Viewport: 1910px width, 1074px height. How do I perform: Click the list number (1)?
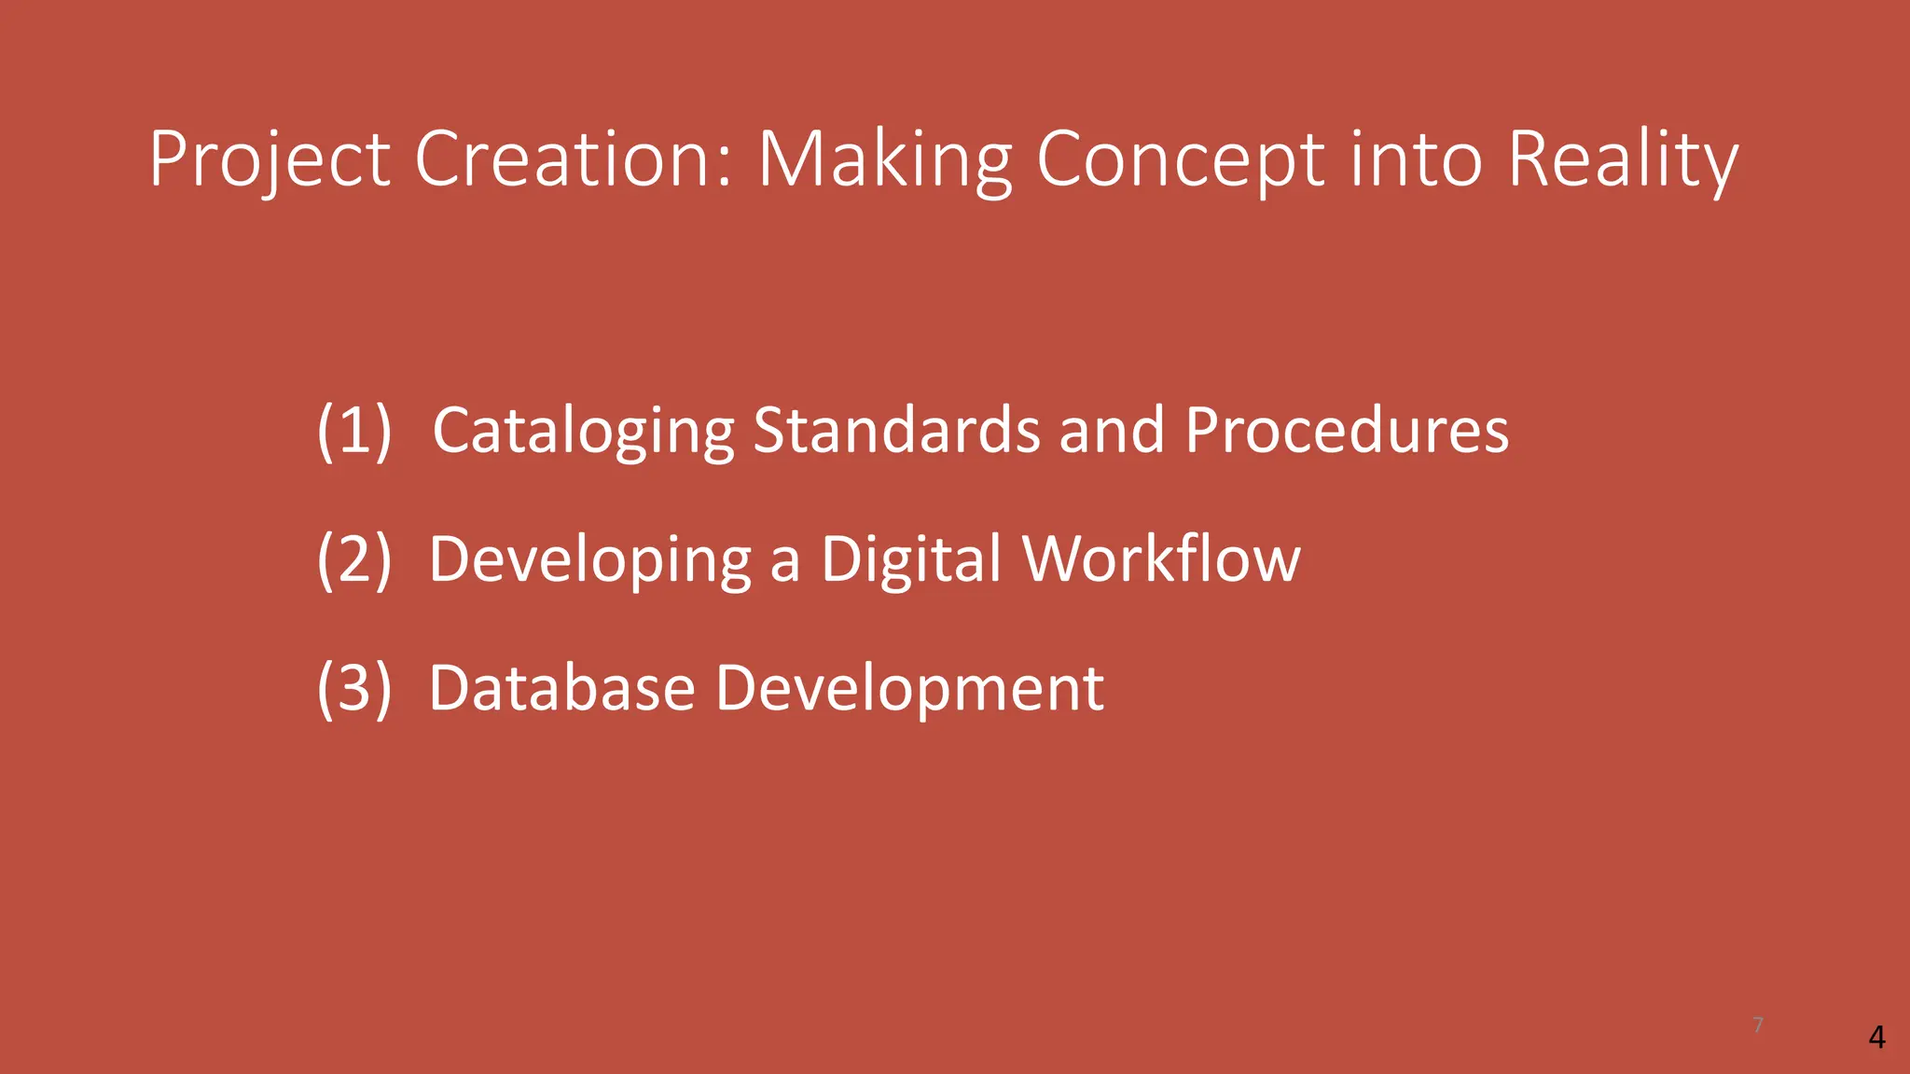coord(353,430)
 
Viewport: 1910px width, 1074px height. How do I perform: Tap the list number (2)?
coord(353,558)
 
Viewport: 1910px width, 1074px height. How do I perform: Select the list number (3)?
coord(353,687)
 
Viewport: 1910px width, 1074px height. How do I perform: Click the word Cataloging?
coord(584,430)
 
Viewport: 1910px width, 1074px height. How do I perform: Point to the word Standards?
coord(896,430)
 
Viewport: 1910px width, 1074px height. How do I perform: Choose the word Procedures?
coord(1347,430)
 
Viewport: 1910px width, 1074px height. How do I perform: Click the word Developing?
coord(589,558)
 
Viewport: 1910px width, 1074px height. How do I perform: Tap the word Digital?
coord(911,558)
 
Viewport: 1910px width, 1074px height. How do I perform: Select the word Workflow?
coord(1161,558)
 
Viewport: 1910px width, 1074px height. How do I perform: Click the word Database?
coord(561,687)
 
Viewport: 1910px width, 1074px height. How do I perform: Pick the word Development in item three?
coord(909,687)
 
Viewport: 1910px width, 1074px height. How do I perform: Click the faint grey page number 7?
coord(1758,1026)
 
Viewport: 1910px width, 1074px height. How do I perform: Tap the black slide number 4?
coord(1877,1037)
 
